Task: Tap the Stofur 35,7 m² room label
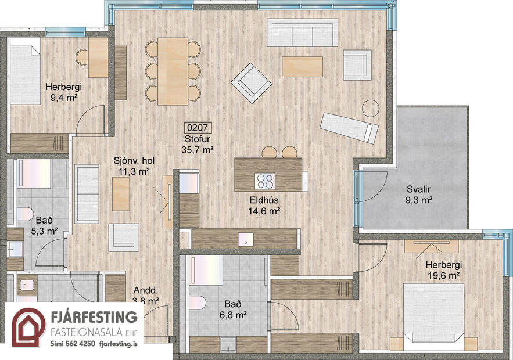coord(197,143)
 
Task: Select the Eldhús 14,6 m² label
coord(264,206)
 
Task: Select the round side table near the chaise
coord(370,107)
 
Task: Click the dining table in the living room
coord(173,71)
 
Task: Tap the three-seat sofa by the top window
coord(302,33)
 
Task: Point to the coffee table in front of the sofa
coord(302,66)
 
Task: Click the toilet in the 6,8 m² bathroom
coord(198,304)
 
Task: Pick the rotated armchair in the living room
coord(251,83)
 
